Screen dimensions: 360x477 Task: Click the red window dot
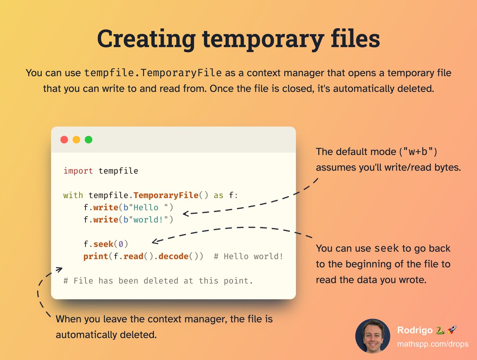64,140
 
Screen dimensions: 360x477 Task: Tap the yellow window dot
76,140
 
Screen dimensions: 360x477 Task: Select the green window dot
89,140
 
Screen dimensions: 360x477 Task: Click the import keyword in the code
78,171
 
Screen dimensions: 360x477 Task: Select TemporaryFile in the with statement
166,195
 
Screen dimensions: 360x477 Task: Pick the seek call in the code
103,244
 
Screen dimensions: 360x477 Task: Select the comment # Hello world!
248,256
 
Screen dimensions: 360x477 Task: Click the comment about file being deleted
158,281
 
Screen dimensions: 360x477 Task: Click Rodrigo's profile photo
372,336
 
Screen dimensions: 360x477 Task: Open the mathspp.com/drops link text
433,344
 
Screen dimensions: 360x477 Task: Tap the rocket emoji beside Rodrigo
452,330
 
